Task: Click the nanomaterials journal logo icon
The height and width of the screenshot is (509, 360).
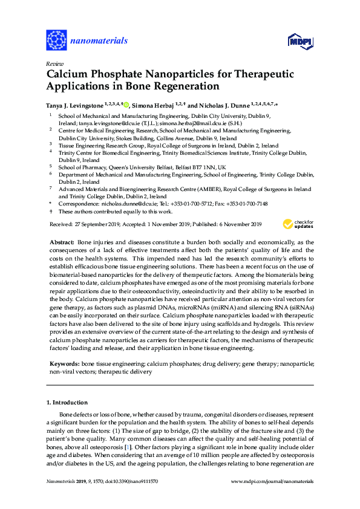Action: coord(56,40)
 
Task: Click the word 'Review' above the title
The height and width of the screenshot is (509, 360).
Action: coord(54,63)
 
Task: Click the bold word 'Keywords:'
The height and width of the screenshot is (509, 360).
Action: coord(64,365)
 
